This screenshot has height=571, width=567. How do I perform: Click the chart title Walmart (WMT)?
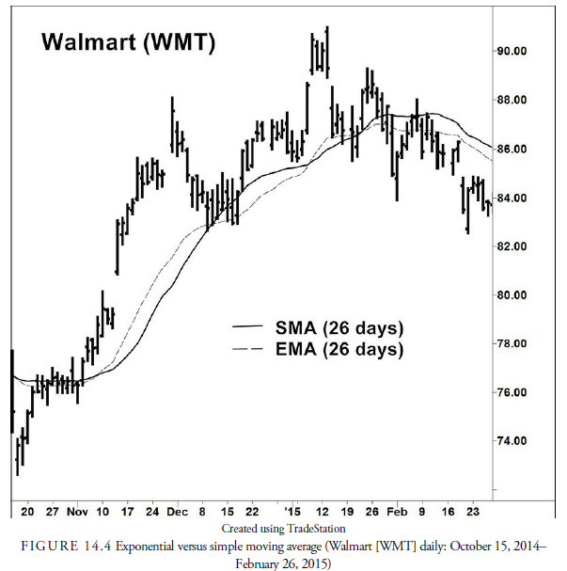point(128,42)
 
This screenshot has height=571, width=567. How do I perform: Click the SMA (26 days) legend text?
point(339,328)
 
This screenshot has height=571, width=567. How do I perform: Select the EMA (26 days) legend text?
point(339,350)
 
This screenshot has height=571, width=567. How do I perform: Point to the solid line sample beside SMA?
point(249,327)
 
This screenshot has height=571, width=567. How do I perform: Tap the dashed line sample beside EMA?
point(249,349)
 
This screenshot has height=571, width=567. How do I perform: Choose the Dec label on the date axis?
point(177,512)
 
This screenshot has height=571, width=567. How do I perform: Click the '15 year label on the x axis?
point(294,512)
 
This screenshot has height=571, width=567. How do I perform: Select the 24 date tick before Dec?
point(152,512)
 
